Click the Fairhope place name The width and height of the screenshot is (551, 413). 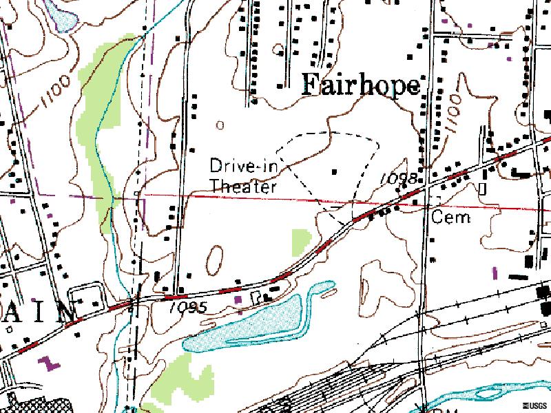tap(361, 85)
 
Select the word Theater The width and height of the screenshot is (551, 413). tap(243, 186)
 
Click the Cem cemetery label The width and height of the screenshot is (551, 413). tap(451, 218)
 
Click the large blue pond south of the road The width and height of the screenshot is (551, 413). tap(248, 323)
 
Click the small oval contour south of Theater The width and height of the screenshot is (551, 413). tap(214, 260)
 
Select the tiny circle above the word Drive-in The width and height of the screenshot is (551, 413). tap(220, 125)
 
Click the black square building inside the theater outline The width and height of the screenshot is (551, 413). tap(335, 171)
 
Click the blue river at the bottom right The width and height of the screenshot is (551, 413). tap(482, 397)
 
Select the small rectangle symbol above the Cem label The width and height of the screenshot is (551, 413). tap(483, 187)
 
